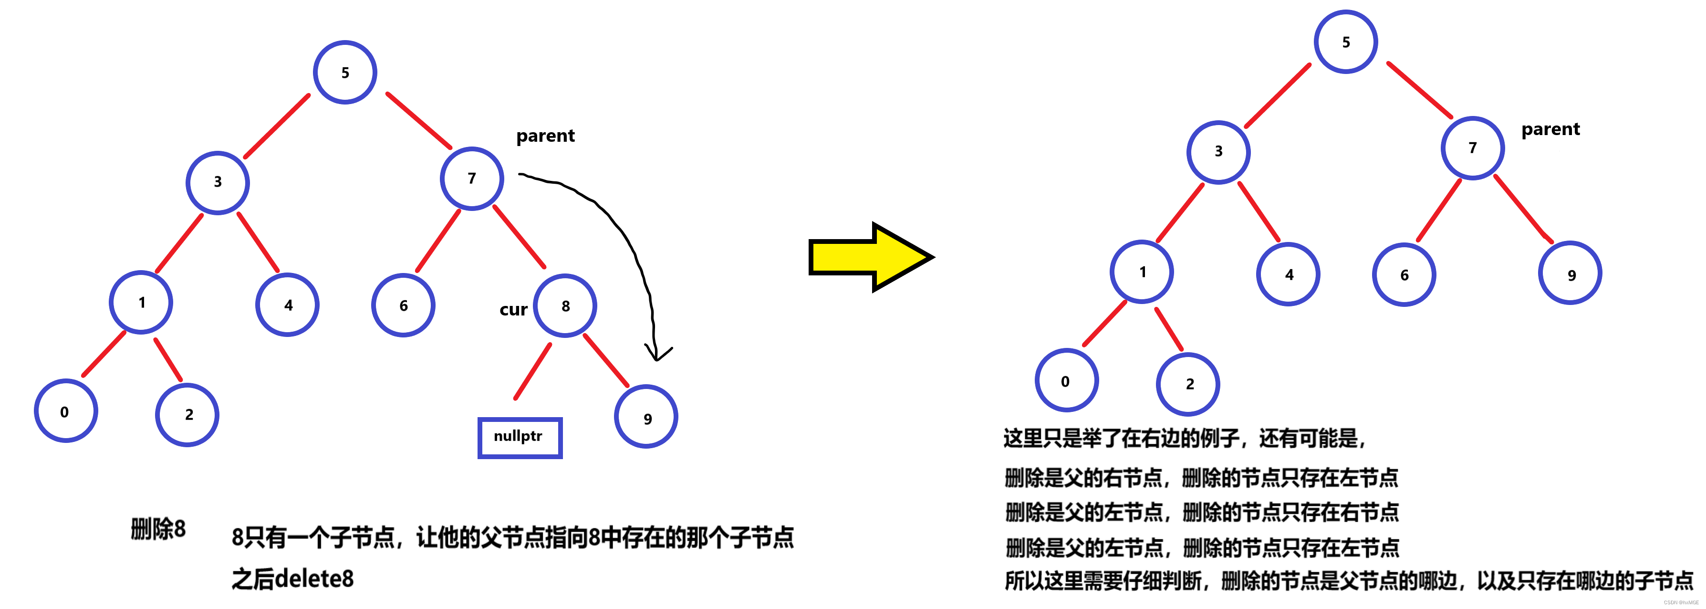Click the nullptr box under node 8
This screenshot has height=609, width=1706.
tap(520, 437)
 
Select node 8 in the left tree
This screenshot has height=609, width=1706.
tap(565, 305)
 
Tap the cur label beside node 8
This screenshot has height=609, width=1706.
tap(513, 309)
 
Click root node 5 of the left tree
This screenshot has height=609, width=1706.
tap(345, 72)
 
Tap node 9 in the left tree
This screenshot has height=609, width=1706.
tap(646, 418)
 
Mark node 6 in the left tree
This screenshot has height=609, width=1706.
tap(403, 305)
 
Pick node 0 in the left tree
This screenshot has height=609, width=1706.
tap(65, 411)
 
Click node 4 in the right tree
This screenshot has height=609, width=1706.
tap(1288, 273)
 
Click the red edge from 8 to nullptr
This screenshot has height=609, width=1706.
tap(532, 372)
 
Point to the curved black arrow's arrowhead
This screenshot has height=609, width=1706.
tap(656, 355)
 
